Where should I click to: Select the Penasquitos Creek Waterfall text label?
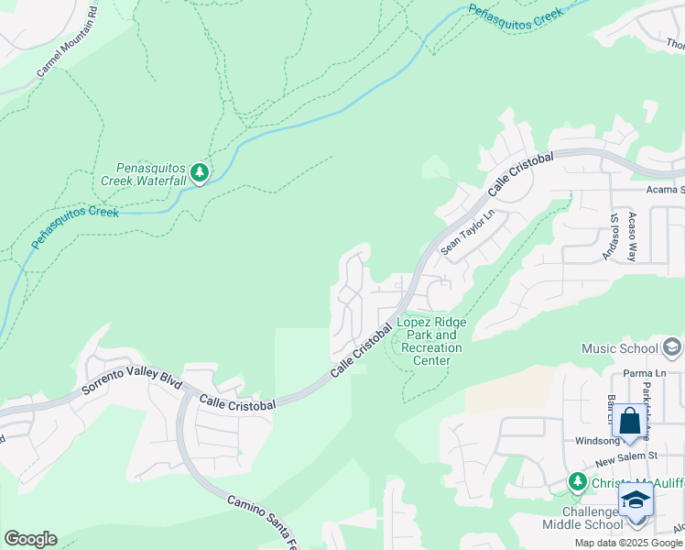(151, 174)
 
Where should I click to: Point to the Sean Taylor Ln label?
(467, 232)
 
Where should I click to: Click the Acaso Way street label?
(632, 237)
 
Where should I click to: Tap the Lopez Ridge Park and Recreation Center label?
(430, 341)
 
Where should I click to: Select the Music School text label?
(619, 348)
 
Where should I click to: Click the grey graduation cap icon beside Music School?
(672, 347)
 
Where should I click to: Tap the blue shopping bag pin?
(629, 422)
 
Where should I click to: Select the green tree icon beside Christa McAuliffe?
(576, 481)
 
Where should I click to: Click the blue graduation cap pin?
(635, 501)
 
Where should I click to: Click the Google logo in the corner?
(30, 539)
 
